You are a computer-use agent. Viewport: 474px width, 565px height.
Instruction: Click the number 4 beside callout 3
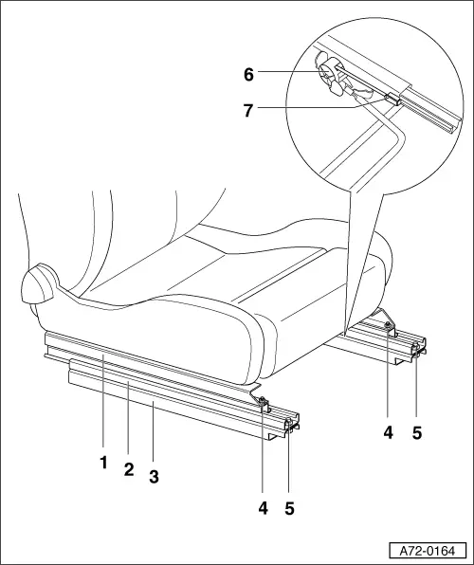click(x=263, y=508)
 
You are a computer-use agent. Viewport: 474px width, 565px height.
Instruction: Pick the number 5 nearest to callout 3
click(x=290, y=508)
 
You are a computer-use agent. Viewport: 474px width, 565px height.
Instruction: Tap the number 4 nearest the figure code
click(x=389, y=434)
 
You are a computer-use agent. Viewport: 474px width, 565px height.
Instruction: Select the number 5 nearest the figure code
click(x=417, y=434)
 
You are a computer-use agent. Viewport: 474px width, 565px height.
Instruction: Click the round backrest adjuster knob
click(x=38, y=282)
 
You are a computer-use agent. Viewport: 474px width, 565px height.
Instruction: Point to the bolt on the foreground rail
click(x=259, y=403)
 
